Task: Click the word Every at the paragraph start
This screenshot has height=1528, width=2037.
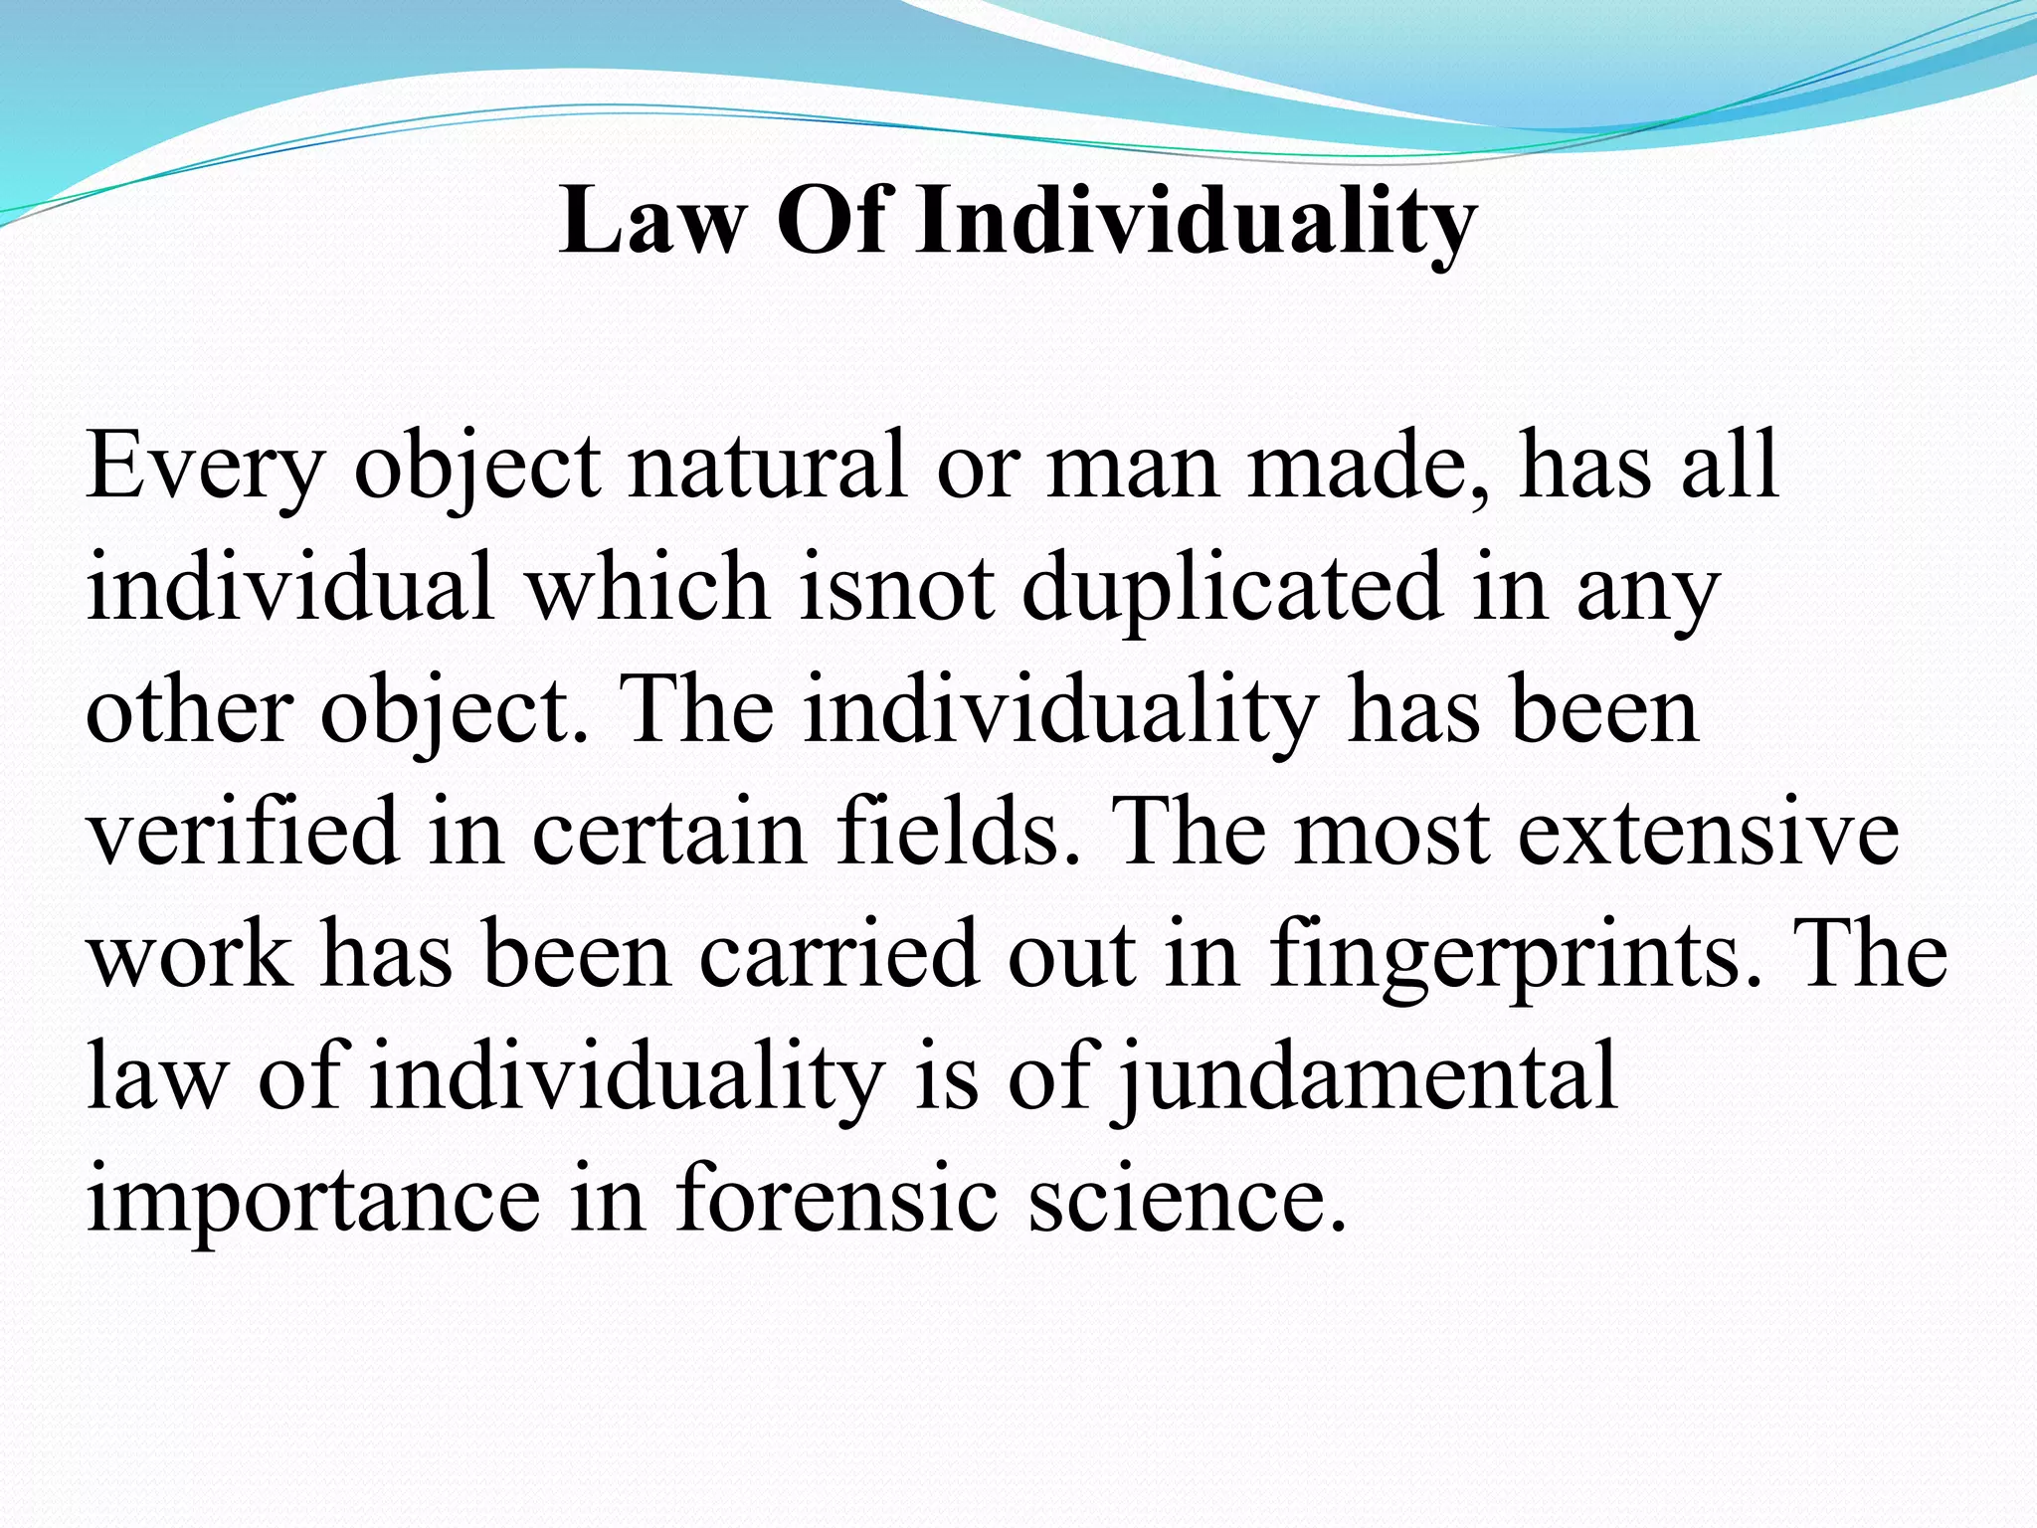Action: tap(205, 466)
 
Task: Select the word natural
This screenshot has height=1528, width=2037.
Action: tap(767, 466)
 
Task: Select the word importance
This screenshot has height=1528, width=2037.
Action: tap(312, 1200)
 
